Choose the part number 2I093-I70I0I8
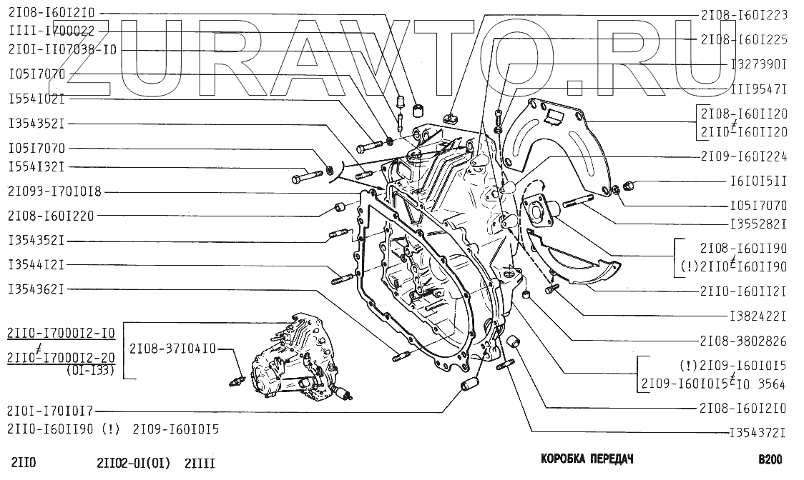click(x=54, y=192)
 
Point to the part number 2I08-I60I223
click(x=744, y=15)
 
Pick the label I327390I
click(x=758, y=64)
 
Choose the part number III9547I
click(x=758, y=89)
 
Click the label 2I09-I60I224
click(x=744, y=157)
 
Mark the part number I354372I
click(x=758, y=433)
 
